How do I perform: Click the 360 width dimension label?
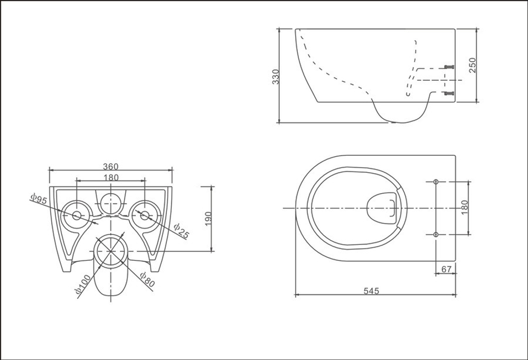click(111, 166)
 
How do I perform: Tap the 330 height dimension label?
click(276, 77)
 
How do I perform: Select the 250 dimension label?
click(473, 65)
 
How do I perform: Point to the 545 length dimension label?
click(371, 290)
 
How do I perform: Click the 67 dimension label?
click(446, 269)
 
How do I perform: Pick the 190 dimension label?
click(208, 219)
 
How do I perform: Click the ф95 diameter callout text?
click(39, 198)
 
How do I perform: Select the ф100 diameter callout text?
click(83, 285)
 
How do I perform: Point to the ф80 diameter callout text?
click(147, 279)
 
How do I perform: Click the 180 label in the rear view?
click(111, 177)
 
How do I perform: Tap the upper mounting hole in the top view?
click(436, 182)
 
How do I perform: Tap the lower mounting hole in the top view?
click(436, 234)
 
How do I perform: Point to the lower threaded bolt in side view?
click(449, 93)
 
